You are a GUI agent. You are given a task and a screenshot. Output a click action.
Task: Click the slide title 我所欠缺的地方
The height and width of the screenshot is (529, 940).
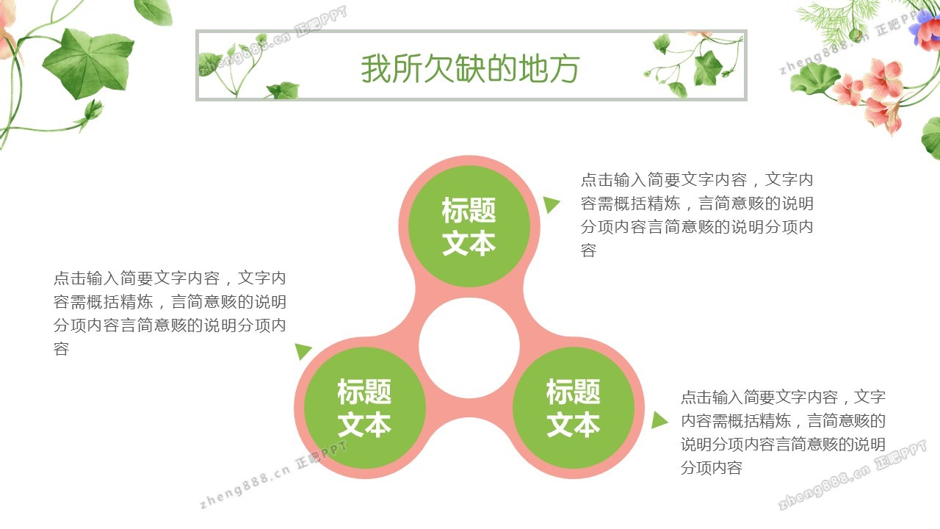coord(470,68)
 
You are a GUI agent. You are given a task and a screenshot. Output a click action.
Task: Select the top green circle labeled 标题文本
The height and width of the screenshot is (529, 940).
coord(469,226)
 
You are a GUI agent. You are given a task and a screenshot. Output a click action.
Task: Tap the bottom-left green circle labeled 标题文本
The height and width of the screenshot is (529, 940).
coord(365,408)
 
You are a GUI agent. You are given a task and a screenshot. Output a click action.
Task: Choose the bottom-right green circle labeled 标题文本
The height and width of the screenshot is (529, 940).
coord(574,408)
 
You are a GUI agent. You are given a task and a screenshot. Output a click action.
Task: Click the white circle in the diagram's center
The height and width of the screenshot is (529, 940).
coord(469,348)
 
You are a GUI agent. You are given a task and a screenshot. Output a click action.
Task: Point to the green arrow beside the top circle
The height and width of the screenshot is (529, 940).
coord(551,204)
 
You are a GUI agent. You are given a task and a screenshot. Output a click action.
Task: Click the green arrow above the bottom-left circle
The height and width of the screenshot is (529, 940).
coord(303,351)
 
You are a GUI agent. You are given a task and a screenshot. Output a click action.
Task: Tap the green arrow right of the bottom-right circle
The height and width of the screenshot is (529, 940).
coord(659,420)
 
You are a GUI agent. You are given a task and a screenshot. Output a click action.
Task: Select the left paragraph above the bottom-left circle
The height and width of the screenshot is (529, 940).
coord(170,313)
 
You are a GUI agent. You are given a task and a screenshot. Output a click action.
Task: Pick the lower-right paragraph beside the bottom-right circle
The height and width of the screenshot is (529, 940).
coord(783,432)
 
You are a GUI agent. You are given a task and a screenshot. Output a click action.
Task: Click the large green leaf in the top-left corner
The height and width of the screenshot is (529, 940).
coord(89,63)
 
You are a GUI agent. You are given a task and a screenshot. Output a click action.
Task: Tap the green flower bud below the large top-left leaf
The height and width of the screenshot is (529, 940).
coord(93,110)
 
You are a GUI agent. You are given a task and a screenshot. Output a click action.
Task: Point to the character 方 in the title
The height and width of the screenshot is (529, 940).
coord(565,68)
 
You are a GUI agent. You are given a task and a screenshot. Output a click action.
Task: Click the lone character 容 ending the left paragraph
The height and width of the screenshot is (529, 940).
coord(61,349)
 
